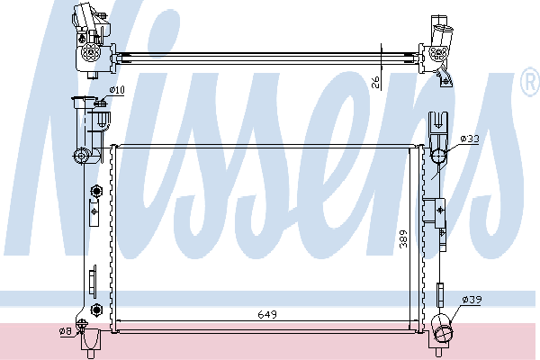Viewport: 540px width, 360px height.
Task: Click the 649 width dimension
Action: (267, 314)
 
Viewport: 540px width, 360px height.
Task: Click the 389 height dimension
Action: (403, 238)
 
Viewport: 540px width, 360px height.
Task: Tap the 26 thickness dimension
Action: (375, 82)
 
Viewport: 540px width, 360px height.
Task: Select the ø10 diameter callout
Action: (117, 90)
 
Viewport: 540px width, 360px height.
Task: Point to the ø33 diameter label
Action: (470, 139)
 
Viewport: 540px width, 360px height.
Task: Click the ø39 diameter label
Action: (472, 300)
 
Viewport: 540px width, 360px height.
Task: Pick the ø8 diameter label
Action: (66, 331)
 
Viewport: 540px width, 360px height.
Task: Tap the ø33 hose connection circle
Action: (438, 156)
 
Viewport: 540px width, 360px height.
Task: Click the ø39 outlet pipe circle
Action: (443, 334)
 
